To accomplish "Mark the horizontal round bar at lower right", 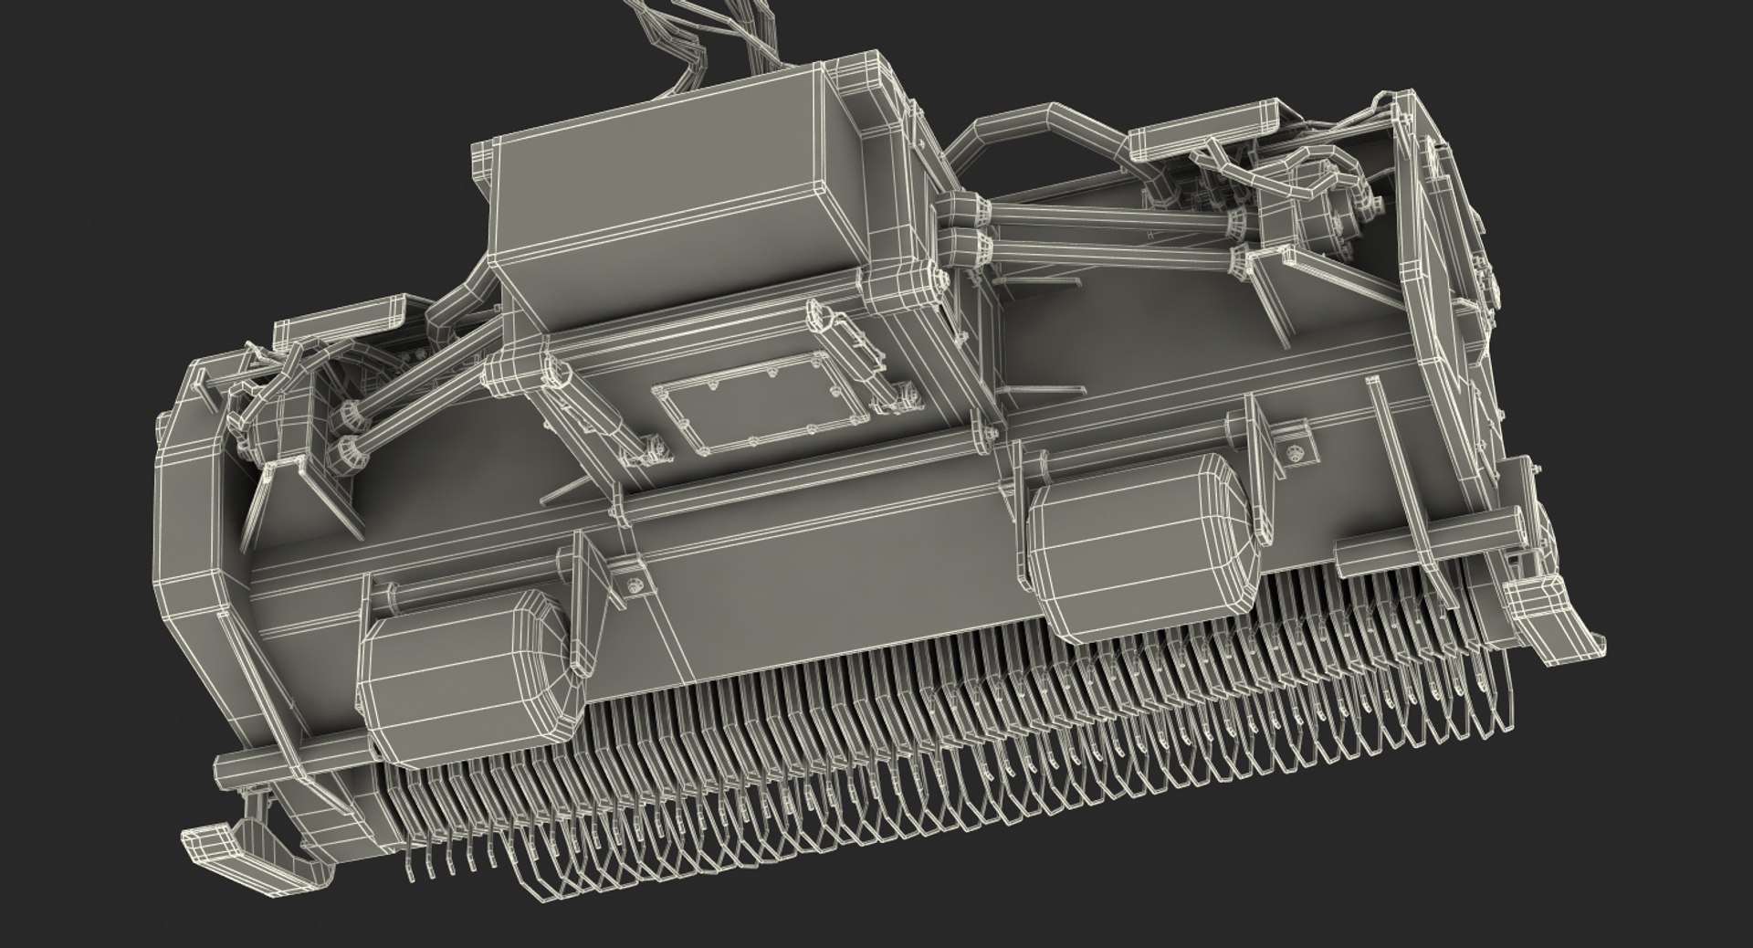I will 1424,539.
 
